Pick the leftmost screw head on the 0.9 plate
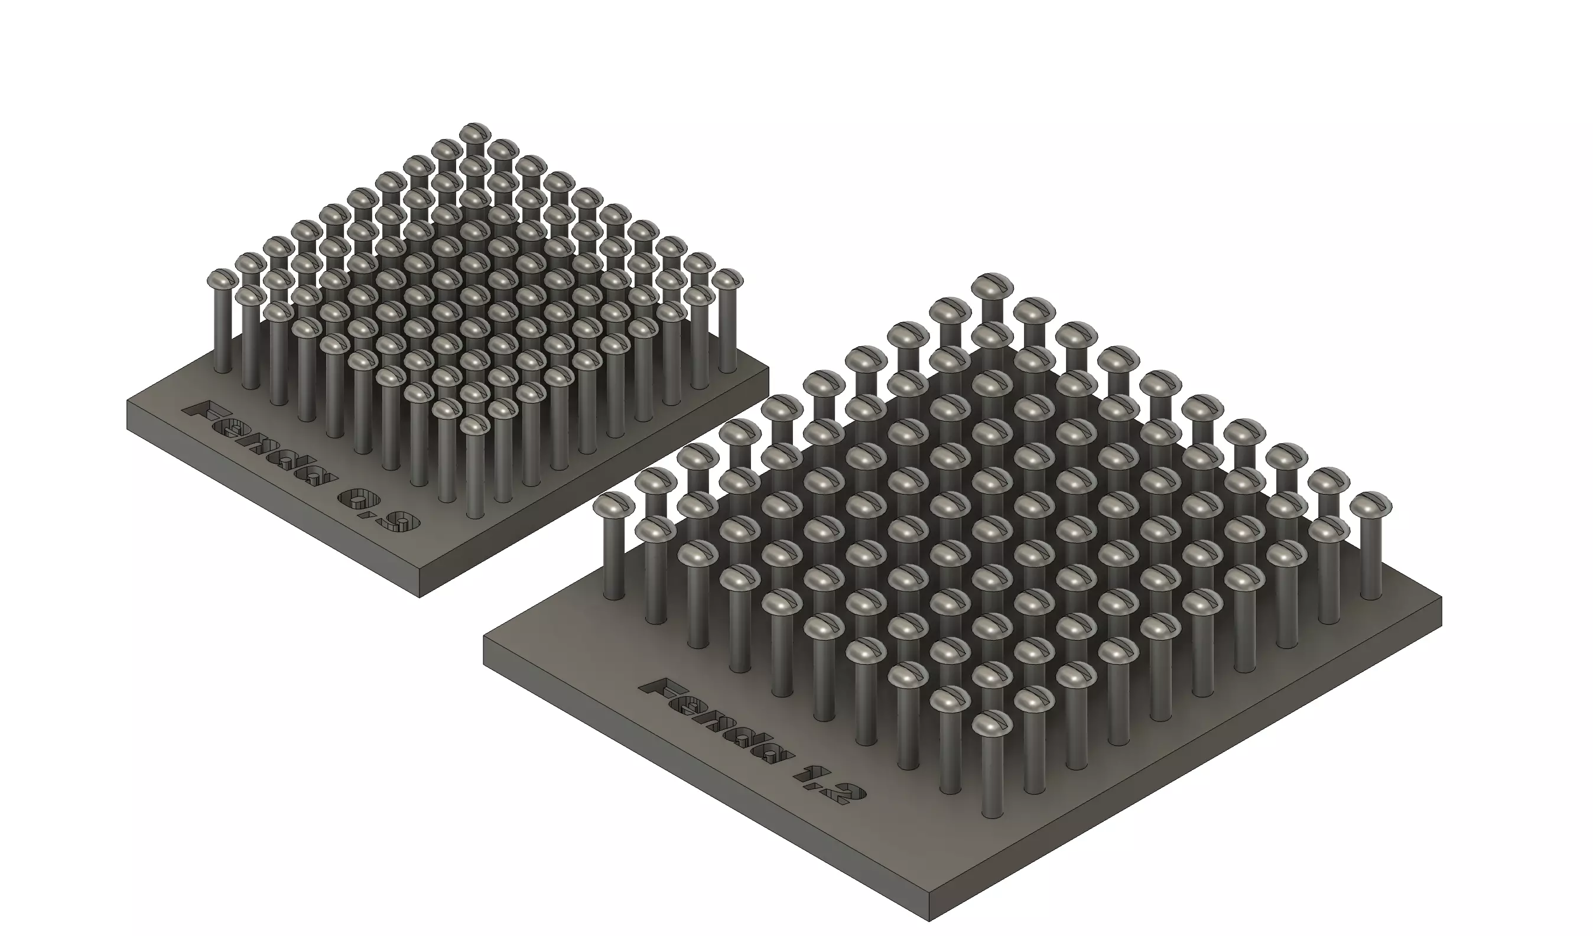click(223, 278)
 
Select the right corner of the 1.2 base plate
click(1441, 597)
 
